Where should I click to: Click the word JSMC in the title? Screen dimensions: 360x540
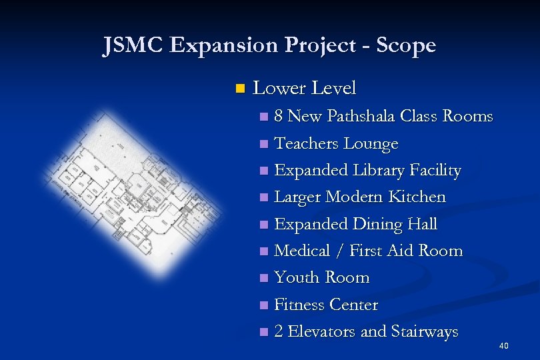[133, 45]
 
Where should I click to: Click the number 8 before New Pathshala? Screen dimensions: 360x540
[279, 117]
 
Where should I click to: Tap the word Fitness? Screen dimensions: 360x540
[298, 305]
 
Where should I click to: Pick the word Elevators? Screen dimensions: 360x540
[323, 331]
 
